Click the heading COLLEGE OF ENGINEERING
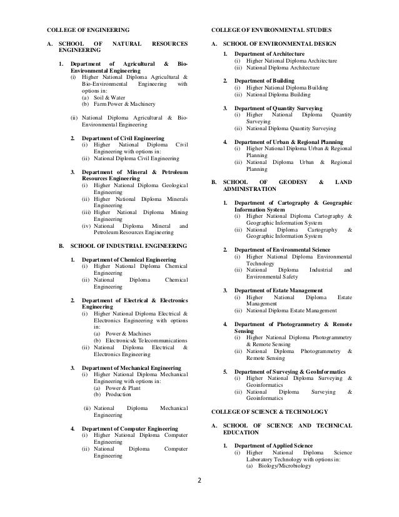tap(89, 29)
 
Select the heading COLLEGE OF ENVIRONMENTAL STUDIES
tap(271, 29)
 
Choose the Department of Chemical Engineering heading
tap(123, 259)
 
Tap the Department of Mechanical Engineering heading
tap(126, 367)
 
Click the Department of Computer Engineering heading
tap(124, 429)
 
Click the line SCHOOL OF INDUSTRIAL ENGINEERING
tap(128, 245)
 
